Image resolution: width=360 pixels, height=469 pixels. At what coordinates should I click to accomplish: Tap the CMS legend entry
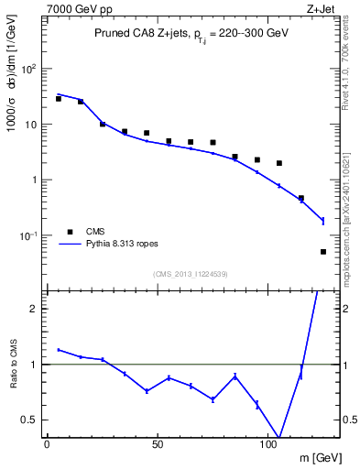(95, 232)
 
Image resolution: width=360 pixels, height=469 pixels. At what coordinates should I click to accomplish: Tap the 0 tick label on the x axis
(47, 444)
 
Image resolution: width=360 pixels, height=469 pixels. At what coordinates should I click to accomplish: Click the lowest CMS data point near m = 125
(323, 252)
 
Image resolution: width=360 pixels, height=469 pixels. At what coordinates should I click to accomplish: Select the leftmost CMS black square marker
(58, 98)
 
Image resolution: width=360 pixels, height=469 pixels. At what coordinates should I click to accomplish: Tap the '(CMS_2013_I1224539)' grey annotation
(190, 273)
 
